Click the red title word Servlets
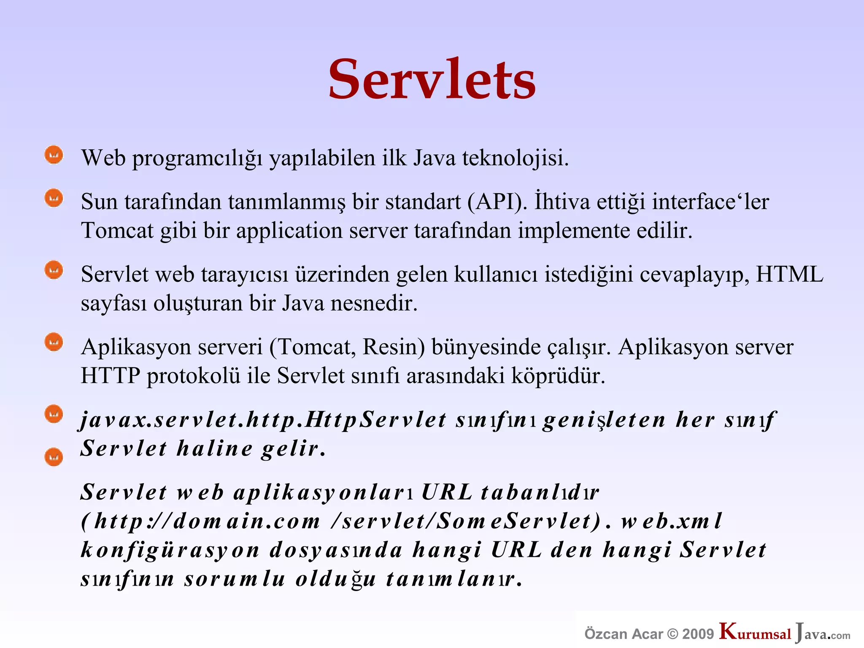pos(432,79)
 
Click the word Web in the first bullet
pos(103,158)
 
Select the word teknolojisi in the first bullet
pos(515,158)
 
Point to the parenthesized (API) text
pos(497,202)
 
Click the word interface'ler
pos(710,202)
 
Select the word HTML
pos(789,274)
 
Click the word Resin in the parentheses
pos(394,347)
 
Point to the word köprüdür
pos(558,375)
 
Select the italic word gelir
pos(293,448)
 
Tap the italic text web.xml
pos(672,521)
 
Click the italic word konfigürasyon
pos(170,550)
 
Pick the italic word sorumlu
pos(235,579)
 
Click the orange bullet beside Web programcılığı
pos(54,155)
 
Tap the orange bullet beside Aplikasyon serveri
pos(54,342)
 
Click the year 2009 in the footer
pos(698,634)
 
